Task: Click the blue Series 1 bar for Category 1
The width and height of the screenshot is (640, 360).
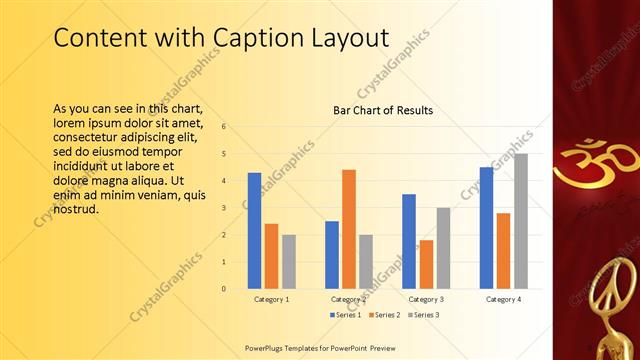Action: (x=254, y=230)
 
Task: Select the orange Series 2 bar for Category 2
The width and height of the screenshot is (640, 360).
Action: (x=348, y=229)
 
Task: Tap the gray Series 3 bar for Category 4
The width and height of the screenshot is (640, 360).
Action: (x=521, y=221)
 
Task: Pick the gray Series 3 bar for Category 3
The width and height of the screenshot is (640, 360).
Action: (x=443, y=248)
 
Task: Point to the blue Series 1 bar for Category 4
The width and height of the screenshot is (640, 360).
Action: (x=486, y=228)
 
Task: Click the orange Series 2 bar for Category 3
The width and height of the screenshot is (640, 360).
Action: (x=426, y=264)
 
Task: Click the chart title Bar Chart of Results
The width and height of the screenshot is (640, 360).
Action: (x=382, y=110)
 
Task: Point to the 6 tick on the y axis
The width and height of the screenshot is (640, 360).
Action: (x=224, y=127)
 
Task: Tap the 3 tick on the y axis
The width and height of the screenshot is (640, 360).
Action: (x=224, y=208)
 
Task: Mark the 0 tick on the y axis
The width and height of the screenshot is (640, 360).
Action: (x=224, y=289)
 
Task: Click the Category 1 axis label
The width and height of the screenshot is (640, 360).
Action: (x=271, y=299)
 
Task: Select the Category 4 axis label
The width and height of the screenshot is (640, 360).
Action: (x=503, y=299)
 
